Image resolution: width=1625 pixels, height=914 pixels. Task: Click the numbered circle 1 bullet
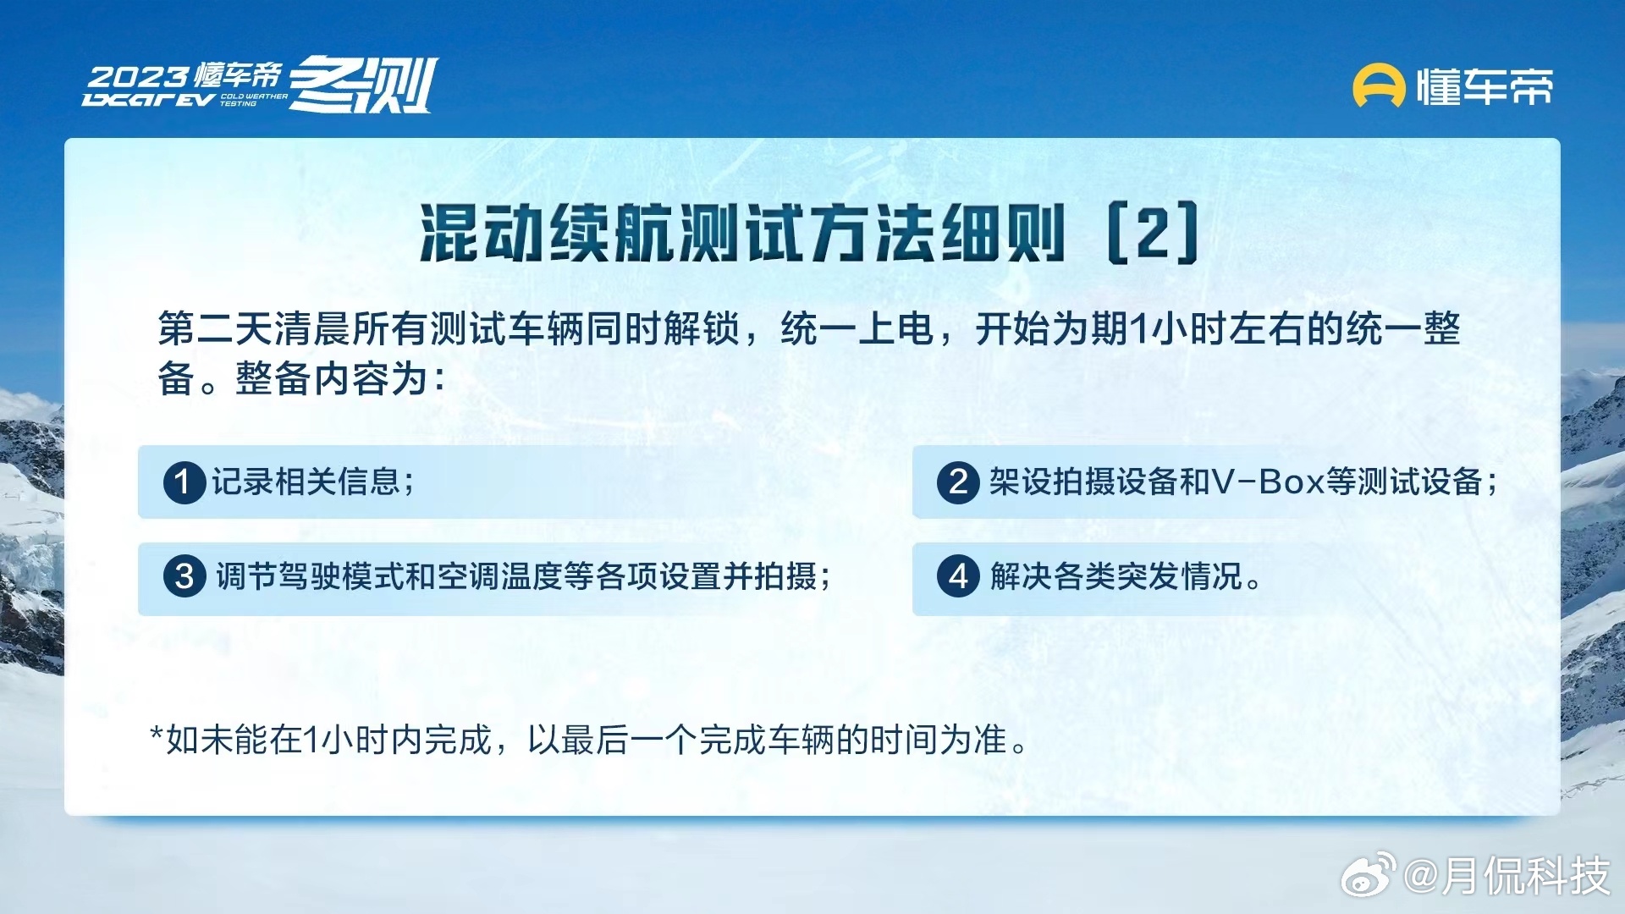(185, 482)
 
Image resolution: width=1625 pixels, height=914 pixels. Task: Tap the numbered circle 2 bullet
(958, 482)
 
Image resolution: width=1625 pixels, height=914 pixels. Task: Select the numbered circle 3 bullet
(185, 577)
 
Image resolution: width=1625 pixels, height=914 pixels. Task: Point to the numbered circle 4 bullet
(958, 577)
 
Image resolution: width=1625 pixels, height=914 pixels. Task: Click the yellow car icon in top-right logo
(1379, 86)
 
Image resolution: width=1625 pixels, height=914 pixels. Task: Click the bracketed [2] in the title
(1153, 233)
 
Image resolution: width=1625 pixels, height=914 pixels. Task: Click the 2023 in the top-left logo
(138, 78)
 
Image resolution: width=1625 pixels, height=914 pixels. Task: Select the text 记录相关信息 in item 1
(306, 482)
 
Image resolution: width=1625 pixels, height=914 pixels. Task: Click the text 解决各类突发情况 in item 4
(1115, 577)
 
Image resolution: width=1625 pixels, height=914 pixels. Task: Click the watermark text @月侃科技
(1507, 875)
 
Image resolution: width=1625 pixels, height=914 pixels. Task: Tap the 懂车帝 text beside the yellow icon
(1485, 86)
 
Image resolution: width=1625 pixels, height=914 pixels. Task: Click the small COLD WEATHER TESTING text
(253, 100)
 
